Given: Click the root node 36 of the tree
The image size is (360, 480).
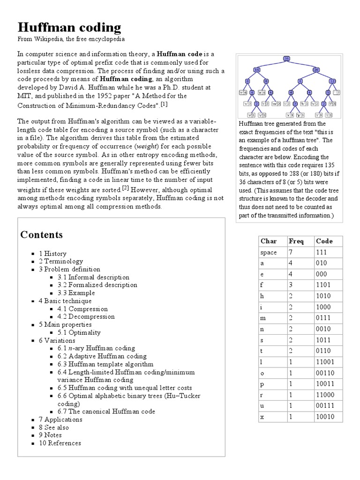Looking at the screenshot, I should pyautogui.click(x=287, y=59).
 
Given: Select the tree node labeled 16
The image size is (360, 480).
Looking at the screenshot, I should pyautogui.click(x=256, y=70).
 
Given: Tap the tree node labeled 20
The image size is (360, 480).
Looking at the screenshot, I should pyautogui.click(x=316, y=70).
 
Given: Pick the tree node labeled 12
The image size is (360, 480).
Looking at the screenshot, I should pyautogui.click(x=332, y=81).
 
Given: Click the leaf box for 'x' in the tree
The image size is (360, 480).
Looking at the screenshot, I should pyautogui.click(x=290, y=115).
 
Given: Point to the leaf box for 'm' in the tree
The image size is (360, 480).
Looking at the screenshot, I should pyautogui.click(x=276, y=104).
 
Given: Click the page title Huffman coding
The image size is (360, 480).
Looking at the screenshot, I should pyautogui.click(x=69, y=27).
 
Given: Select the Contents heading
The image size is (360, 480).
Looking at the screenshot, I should pyautogui.click(x=42, y=234).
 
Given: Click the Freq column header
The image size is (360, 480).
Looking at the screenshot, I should pyautogui.click(x=296, y=241).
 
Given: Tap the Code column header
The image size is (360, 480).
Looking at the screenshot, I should pyautogui.click(x=324, y=241).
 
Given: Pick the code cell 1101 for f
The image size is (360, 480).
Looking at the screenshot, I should pyautogui.click(x=323, y=285).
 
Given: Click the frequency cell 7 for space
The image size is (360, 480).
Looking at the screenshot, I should pyautogui.click(x=291, y=252).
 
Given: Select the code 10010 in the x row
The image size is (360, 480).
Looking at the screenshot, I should pyautogui.click(x=325, y=416).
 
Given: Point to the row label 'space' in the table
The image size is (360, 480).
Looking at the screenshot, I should pyautogui.click(x=269, y=252).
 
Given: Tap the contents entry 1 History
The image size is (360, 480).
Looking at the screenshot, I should pyautogui.click(x=52, y=254).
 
